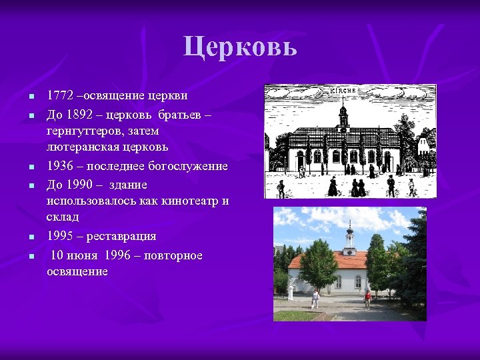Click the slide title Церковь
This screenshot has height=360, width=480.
click(240, 47)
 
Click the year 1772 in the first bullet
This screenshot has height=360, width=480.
click(59, 96)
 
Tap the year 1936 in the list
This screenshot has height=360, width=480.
click(59, 166)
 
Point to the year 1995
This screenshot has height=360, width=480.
click(59, 236)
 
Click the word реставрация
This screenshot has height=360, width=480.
click(122, 236)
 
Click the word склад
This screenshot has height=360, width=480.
click(63, 217)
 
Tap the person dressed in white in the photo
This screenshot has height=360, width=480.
click(315, 297)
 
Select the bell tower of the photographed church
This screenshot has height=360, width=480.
click(349, 240)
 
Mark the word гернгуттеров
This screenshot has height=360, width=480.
click(88, 131)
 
